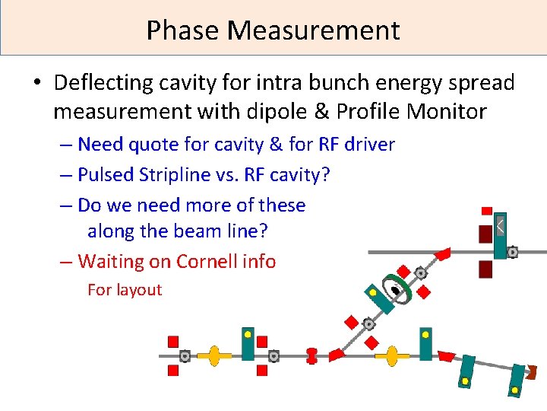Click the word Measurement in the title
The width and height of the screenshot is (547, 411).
(x=313, y=30)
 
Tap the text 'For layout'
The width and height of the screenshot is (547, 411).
(x=125, y=289)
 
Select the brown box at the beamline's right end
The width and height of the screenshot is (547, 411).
(x=532, y=372)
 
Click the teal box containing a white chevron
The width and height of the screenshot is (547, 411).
(x=500, y=234)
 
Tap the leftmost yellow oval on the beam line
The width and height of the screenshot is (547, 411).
(x=214, y=355)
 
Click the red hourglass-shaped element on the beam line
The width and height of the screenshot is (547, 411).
(x=311, y=355)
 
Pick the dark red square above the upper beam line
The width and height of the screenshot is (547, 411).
(x=485, y=233)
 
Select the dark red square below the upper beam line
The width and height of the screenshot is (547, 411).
(x=485, y=269)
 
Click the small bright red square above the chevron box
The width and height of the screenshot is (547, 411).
(x=487, y=211)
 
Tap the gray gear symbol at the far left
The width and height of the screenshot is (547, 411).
(x=185, y=355)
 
